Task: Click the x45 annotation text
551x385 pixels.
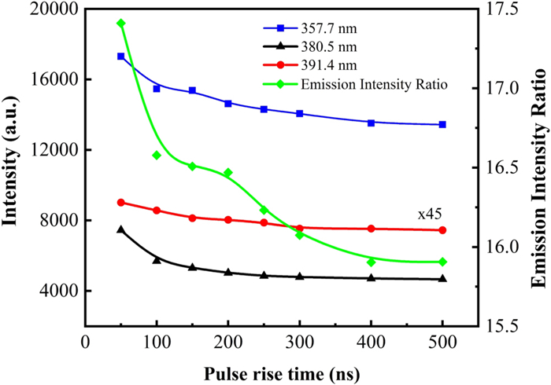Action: tap(428, 214)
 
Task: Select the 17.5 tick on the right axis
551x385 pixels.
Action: tap(511, 9)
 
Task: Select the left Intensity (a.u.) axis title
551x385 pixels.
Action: tap(12, 168)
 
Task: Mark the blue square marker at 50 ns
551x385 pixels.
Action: tap(120, 57)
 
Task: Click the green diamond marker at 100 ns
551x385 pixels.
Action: tap(157, 155)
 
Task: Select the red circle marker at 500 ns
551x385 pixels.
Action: tap(442, 230)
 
